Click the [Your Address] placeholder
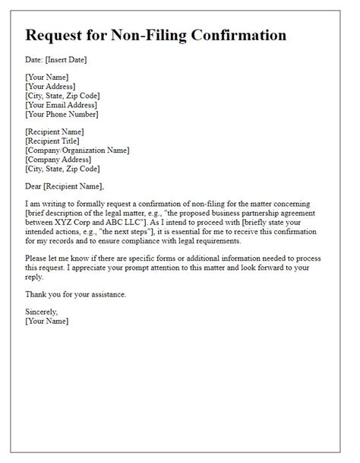[x=52, y=86]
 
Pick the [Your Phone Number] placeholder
[x=62, y=115]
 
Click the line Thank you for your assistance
[x=83, y=294]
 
